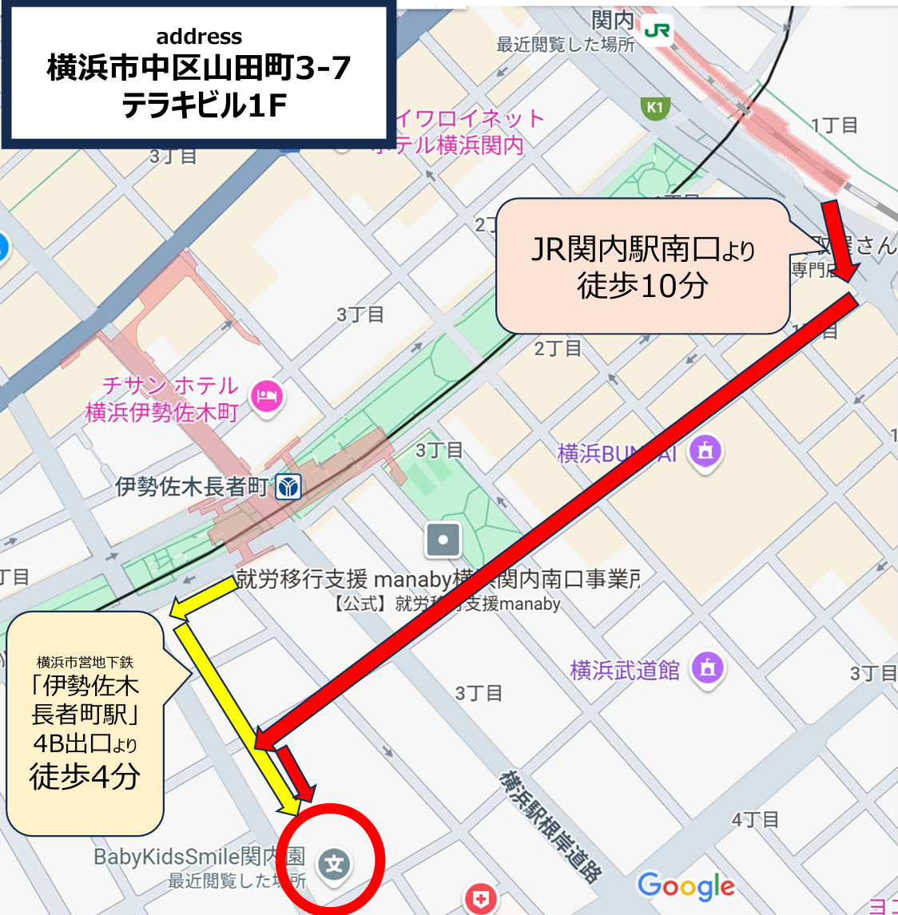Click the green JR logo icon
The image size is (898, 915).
click(x=658, y=31)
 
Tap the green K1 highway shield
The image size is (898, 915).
click(x=655, y=108)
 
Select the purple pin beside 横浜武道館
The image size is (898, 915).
click(x=708, y=667)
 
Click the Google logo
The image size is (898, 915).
click(x=686, y=885)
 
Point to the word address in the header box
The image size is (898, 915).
click(x=199, y=37)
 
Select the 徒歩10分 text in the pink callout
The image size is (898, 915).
click(x=643, y=285)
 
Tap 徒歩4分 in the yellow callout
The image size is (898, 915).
click(x=85, y=776)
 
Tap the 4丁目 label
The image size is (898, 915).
click(x=755, y=820)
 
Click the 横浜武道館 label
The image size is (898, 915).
click(x=625, y=671)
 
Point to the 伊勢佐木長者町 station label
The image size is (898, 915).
click(x=192, y=486)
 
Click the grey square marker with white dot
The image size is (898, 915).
click(x=443, y=540)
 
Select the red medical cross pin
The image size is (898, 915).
click(x=480, y=898)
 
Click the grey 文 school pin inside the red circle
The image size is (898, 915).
click(x=334, y=865)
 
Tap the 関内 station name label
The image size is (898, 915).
click(x=613, y=21)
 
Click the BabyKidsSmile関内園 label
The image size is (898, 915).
click(x=199, y=857)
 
